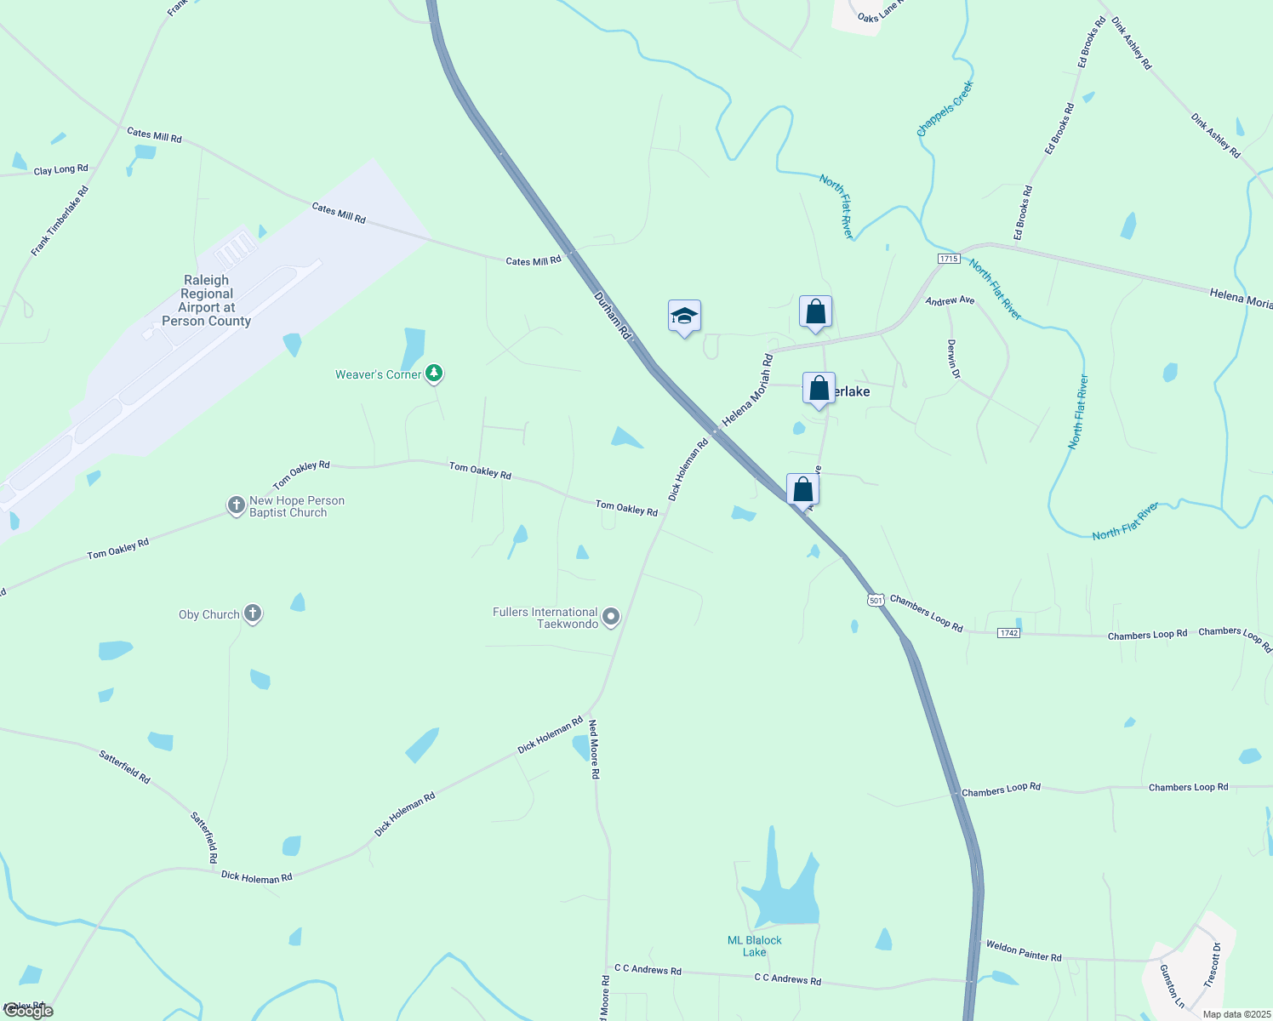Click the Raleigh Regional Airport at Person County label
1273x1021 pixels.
coord(207,300)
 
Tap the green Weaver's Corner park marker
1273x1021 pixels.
coord(434,373)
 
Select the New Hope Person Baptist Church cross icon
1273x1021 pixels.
coord(236,505)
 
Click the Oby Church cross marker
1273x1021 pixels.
coord(252,613)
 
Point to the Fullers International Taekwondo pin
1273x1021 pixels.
coord(610,616)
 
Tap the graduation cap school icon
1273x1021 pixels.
coord(684,317)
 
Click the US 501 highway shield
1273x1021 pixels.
coord(876,600)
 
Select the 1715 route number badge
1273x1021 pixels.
coord(949,259)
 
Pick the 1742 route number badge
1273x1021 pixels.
coord(1008,633)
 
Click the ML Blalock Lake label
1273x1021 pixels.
coord(754,946)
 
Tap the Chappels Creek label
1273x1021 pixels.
coord(945,109)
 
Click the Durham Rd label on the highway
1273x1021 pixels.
coord(612,316)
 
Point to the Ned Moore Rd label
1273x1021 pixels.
coord(595,750)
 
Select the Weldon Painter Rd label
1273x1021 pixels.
coord(1023,951)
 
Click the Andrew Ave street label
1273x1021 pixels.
coord(950,301)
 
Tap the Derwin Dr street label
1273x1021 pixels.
coord(953,359)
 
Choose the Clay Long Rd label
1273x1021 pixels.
coord(60,170)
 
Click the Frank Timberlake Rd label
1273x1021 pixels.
coord(60,221)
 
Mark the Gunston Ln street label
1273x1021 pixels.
coord(1172,985)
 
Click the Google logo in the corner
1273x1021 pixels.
coord(28,1011)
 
